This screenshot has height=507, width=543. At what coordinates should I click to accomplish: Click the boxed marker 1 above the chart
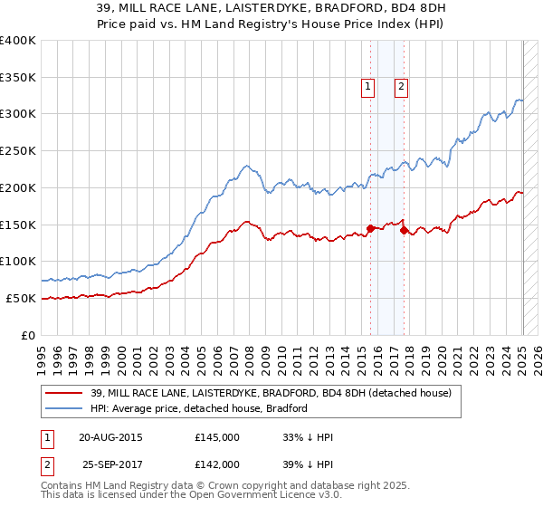(368, 87)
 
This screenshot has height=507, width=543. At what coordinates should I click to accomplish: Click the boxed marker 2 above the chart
(401, 87)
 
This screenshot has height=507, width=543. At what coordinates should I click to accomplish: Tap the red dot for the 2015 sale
(370, 228)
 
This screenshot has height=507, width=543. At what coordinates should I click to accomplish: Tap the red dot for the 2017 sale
(404, 230)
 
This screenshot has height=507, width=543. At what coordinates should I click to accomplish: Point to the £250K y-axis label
(18, 151)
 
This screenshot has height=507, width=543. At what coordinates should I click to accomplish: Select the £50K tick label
(21, 298)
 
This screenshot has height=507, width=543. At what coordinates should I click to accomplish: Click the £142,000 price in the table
(217, 464)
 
